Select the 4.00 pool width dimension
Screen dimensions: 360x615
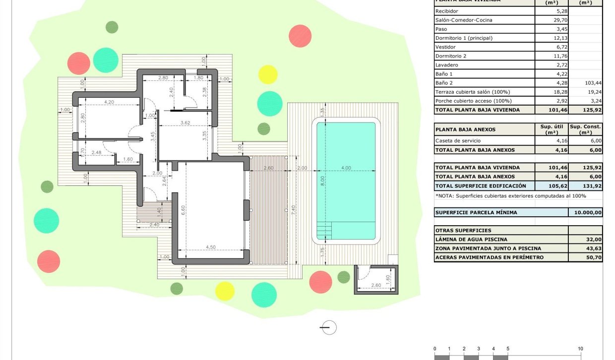point(346,168)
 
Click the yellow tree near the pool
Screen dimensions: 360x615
point(268,74)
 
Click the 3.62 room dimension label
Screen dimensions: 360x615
point(185,122)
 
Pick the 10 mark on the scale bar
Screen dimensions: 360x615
point(580,349)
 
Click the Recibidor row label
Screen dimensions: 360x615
point(446,11)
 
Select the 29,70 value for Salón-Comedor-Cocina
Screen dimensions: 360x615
point(551,20)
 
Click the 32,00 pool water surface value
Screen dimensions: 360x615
point(595,240)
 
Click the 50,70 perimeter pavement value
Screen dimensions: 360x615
point(595,257)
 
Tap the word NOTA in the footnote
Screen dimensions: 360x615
point(446,196)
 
